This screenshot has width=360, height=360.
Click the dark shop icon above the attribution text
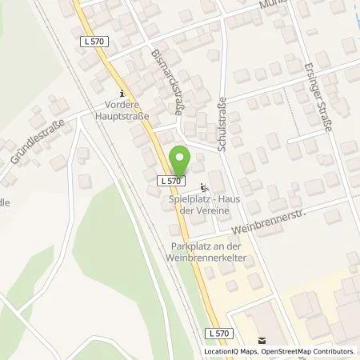pyautogui.click(x=258, y=339)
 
